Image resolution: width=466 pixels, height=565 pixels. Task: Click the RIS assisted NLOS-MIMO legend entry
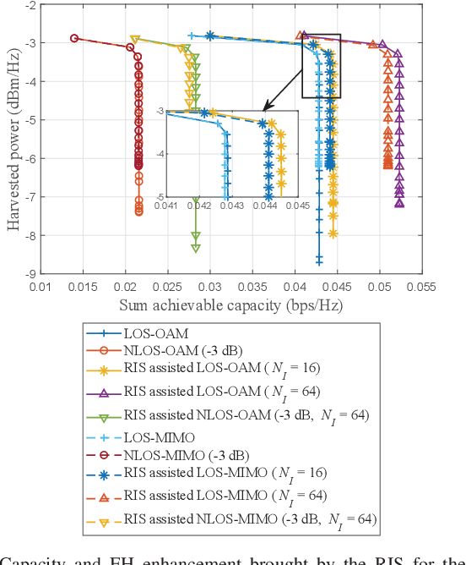[x=250, y=518]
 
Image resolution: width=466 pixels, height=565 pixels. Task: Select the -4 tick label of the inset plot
[x=158, y=153]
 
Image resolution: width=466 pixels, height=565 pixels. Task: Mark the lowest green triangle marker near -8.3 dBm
[x=196, y=248]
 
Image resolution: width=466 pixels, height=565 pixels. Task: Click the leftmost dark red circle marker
[x=74, y=38]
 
